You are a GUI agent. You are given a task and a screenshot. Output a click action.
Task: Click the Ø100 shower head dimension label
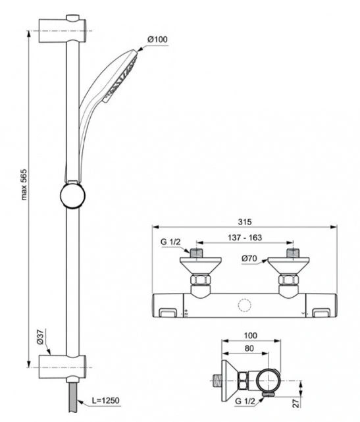coord(157,40)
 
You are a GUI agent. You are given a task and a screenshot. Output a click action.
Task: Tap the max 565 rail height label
coord(24,184)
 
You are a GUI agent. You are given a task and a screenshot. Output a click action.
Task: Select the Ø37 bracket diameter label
coord(40,336)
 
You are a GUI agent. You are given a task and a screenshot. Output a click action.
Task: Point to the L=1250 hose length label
coord(106,400)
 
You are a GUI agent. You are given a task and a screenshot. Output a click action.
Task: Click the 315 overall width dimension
coord(245,222)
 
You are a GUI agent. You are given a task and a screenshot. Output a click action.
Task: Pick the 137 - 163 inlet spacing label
coord(245,238)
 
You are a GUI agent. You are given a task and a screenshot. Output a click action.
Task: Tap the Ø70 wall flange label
coord(249,259)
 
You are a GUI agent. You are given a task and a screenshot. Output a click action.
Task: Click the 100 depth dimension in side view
coord(251,336)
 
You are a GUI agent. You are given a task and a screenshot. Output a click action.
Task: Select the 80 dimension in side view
coord(249,348)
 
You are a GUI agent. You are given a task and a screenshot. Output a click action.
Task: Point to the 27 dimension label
coord(296,403)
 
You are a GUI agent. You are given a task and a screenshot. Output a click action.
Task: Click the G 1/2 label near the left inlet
coord(170,242)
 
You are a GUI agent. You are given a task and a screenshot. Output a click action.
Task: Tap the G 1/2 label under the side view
coord(245,402)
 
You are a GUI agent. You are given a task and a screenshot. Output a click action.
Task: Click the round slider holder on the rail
coord(72,196)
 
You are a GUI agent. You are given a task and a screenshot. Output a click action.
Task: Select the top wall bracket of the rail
coord(63,29)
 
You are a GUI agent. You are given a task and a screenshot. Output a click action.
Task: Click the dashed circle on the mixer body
coord(245,305)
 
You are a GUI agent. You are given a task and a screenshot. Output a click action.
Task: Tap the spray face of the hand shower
coord(121,77)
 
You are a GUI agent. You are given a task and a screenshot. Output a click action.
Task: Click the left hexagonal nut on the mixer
coord(201,279)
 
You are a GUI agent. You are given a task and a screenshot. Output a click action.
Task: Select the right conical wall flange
coord(288,265)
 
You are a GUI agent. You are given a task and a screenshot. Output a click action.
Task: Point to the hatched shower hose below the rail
coord(72,397)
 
